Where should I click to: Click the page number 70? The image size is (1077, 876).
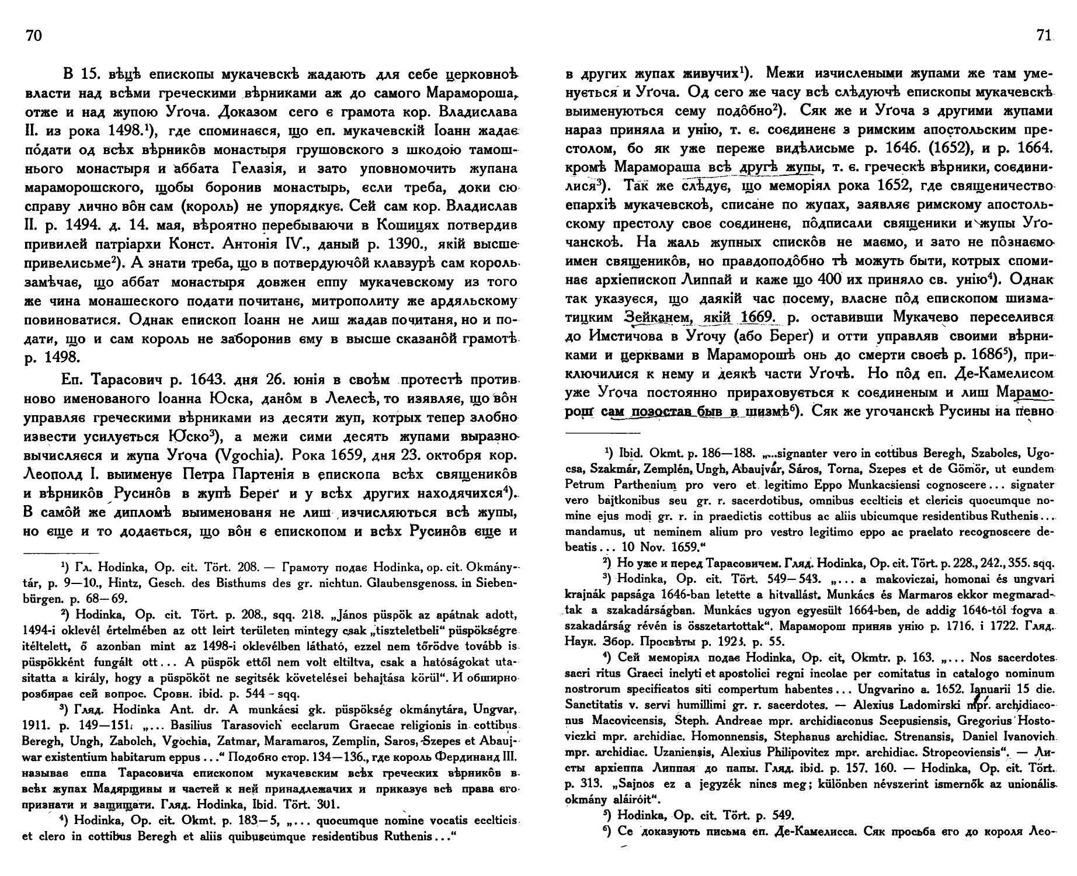(x=34, y=36)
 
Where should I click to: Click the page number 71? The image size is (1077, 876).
(x=1043, y=36)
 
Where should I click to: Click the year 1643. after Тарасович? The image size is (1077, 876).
(x=207, y=380)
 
